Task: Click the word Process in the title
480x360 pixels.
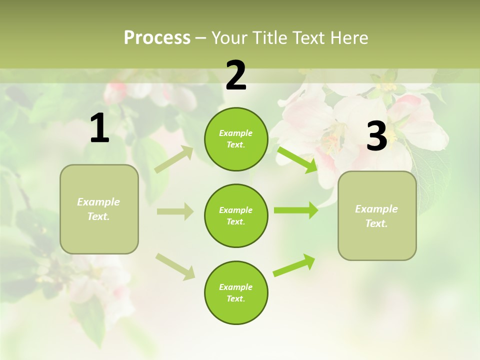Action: pyautogui.click(x=157, y=37)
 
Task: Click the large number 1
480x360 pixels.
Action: pyautogui.click(x=99, y=128)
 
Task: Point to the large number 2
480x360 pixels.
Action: pyautogui.click(x=236, y=75)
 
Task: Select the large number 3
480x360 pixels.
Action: pyautogui.click(x=376, y=136)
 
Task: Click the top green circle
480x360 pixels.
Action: pyautogui.click(x=236, y=139)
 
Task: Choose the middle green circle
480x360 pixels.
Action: pyautogui.click(x=236, y=215)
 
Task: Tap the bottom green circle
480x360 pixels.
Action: pyautogui.click(x=236, y=292)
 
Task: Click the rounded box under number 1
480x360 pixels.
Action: pyautogui.click(x=99, y=209)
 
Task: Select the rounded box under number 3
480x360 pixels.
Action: pyautogui.click(x=377, y=215)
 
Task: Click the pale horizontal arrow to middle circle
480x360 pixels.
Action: pyautogui.click(x=175, y=211)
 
